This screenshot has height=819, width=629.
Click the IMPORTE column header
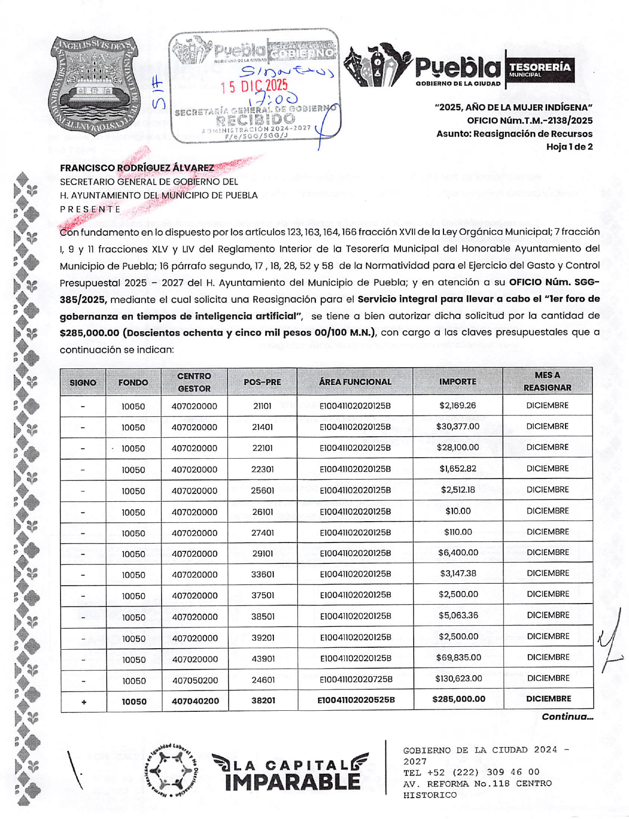coord(457,382)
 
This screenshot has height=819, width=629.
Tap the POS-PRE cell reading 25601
coord(262,490)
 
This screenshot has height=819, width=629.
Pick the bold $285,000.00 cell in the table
coord(458,699)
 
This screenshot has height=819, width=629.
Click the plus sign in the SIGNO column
coord(84,702)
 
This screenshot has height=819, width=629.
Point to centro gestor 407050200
coord(194,680)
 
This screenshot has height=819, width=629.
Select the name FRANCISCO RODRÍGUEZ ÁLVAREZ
coord(137,168)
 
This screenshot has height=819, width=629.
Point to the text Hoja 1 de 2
coord(569,146)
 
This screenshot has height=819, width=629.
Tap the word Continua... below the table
coord(567,716)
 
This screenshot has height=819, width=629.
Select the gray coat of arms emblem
coord(93,85)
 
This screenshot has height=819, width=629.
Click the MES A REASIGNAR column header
coord(547,381)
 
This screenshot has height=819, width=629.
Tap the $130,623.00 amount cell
coord(458,678)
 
